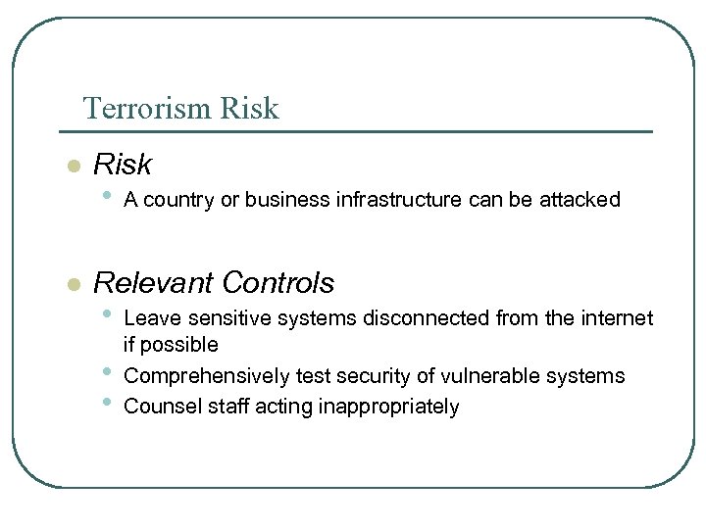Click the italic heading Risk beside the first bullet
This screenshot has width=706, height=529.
click(122, 165)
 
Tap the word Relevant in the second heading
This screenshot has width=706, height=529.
click(153, 283)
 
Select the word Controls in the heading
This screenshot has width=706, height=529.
click(278, 283)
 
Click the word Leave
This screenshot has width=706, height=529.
click(147, 317)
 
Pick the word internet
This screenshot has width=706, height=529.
click(617, 317)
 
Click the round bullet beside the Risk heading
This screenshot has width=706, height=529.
click(72, 167)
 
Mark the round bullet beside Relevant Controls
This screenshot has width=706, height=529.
click(72, 285)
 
